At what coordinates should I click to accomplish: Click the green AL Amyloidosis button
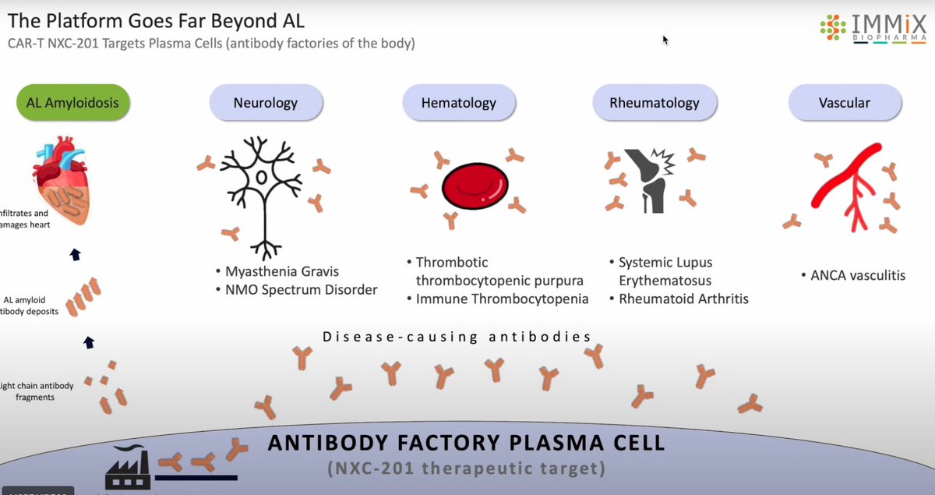click(72, 101)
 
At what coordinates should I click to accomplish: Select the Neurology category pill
click(265, 102)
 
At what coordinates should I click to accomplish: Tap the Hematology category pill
click(459, 102)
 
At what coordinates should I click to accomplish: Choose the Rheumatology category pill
click(653, 102)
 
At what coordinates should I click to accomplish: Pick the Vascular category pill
click(845, 102)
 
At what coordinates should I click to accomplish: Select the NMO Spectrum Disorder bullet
click(299, 290)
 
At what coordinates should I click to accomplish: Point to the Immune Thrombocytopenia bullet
click(501, 299)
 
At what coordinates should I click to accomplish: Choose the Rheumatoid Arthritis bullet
click(683, 299)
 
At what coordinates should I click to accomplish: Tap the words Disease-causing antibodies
click(457, 337)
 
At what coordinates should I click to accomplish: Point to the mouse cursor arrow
click(665, 39)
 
